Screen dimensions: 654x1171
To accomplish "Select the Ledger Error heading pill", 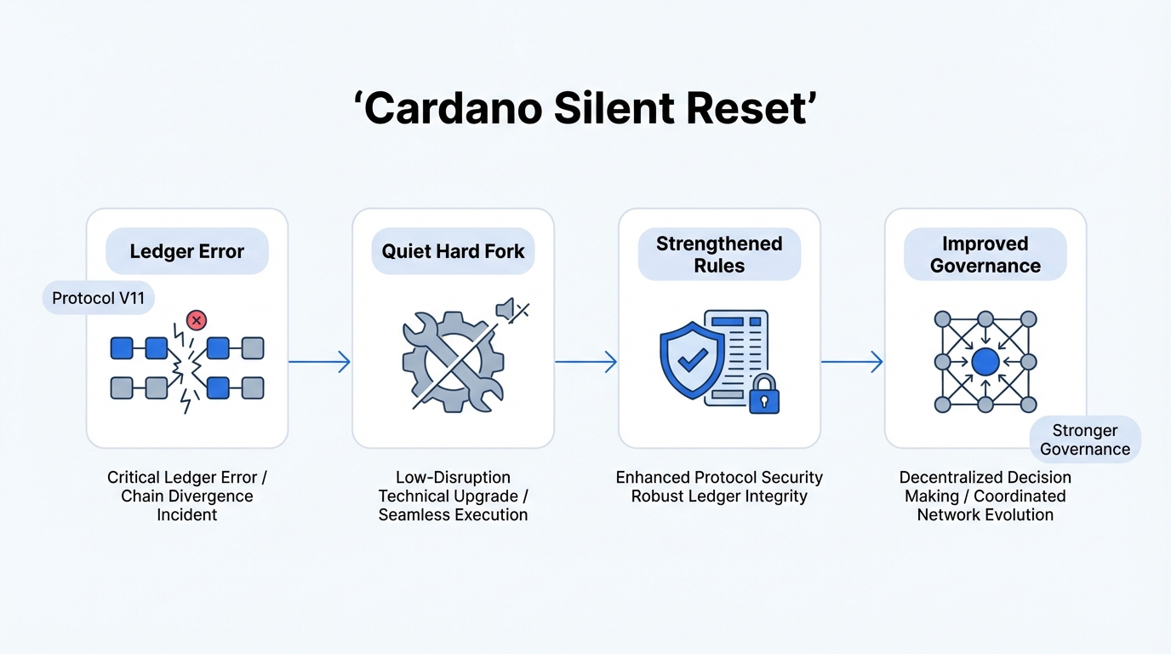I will point(187,251).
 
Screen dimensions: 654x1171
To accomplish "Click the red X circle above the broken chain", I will point(197,320).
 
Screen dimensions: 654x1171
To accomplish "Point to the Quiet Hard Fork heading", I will point(453,251).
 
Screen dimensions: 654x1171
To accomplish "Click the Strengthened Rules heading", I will point(719,255).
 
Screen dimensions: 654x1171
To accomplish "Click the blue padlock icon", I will point(764,394).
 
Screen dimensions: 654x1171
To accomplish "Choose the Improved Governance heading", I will point(985,255).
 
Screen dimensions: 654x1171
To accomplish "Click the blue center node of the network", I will point(985,363).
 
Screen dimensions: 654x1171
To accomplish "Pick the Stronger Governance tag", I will point(1085,439).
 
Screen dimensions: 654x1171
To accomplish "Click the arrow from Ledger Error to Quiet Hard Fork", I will point(320,362).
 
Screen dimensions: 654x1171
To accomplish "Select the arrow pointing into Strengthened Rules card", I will point(586,362).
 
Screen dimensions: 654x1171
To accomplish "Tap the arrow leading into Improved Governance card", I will point(852,362).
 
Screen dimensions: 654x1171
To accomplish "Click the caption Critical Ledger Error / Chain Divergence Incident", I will point(187,496).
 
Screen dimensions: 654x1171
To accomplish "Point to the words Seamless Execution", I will point(453,514).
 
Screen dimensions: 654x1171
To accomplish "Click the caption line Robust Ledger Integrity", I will point(719,496).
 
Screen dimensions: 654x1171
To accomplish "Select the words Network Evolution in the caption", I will point(985,514).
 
